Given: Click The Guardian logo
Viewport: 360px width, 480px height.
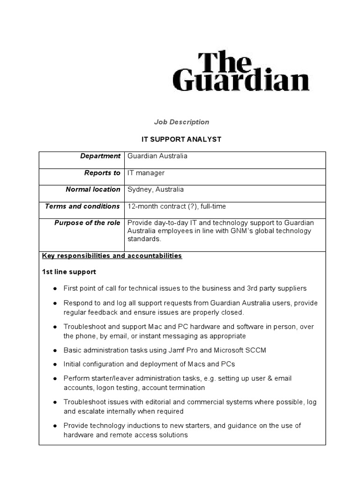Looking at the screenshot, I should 241,71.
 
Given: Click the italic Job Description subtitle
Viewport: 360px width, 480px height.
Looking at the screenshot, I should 181,122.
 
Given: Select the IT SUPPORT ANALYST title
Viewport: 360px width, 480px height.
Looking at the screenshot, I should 181,139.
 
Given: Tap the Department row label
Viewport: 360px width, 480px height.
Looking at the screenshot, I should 100,156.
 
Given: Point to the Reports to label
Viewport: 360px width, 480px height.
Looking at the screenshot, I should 102,173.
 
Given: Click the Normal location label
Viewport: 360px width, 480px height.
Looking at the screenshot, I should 93,189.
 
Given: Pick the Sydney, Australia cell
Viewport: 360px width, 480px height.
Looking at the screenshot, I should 156,189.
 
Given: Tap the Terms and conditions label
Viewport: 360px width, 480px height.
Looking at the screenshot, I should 82,206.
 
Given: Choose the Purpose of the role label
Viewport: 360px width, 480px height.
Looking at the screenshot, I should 87,223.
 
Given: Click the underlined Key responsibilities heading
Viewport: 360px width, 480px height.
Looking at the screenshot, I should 112,255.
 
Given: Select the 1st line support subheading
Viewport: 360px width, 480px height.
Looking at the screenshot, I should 69,272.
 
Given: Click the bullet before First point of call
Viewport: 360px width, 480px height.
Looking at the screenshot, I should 55,288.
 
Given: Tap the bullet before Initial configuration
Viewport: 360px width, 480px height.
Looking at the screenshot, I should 55,364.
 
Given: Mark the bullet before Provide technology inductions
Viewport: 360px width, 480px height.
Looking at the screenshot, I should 55,426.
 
